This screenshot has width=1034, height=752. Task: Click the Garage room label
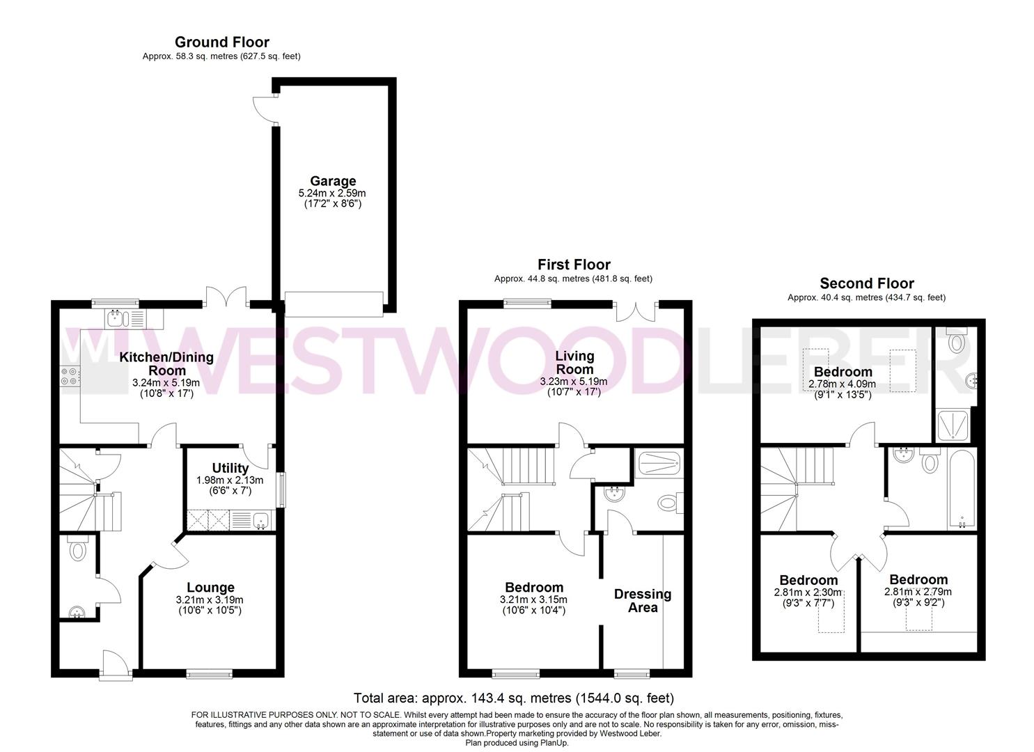point(333,182)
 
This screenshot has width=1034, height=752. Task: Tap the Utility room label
point(230,468)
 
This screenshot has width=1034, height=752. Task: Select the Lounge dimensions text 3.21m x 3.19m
point(210,600)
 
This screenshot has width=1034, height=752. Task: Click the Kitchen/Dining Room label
point(166,363)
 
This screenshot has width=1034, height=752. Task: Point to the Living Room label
point(574,362)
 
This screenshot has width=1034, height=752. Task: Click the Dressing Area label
point(642,600)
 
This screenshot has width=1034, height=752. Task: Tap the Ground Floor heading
point(221,42)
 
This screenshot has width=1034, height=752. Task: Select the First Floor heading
point(573,265)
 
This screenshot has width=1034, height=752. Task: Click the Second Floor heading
point(866,283)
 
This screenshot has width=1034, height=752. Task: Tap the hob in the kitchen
point(70,376)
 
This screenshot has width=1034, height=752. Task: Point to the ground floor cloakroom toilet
point(77,549)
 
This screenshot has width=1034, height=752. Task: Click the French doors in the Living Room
point(636,309)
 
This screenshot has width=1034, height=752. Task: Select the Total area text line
point(513,698)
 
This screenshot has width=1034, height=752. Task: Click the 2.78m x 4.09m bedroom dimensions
point(842,384)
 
